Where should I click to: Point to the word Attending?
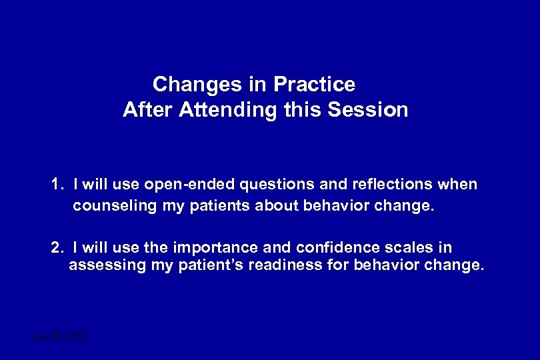click(227, 110)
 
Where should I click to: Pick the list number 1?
click(56, 184)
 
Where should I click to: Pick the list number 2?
click(56, 248)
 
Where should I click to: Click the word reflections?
click(387, 184)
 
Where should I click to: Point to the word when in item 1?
click(459, 184)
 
